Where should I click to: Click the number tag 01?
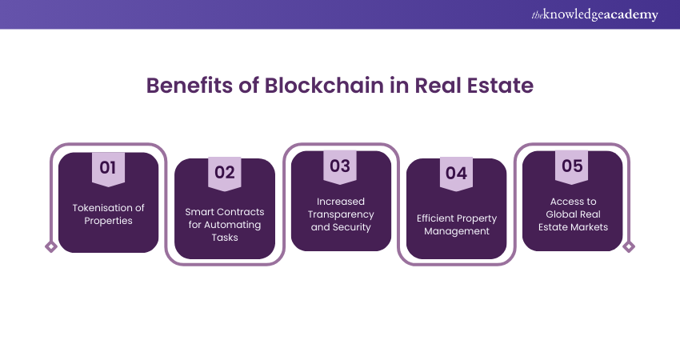tap(108, 170)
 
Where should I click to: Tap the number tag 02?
tap(225, 174)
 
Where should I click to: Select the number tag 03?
tap(340, 167)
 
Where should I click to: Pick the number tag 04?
tap(456, 174)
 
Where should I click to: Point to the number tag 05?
tap(571, 167)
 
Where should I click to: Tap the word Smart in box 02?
tap(197, 212)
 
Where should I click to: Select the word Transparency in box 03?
tap(341, 214)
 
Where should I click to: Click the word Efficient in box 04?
tap(435, 218)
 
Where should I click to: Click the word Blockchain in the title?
tap(324, 85)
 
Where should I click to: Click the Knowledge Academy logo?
tap(594, 14)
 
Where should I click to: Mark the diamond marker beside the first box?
tap(51, 246)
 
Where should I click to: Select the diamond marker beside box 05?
tap(629, 246)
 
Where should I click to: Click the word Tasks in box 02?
tap(225, 238)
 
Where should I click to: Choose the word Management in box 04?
tap(457, 231)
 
